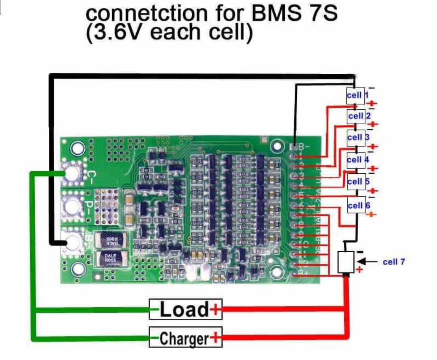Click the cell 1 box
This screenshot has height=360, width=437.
[356, 96]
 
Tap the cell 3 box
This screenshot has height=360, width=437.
[358, 137]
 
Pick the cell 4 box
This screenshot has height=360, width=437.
[357, 160]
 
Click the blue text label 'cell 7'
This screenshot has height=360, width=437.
[394, 262]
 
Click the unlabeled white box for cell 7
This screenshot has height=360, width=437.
[346, 262]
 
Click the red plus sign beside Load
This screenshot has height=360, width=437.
[216, 310]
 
